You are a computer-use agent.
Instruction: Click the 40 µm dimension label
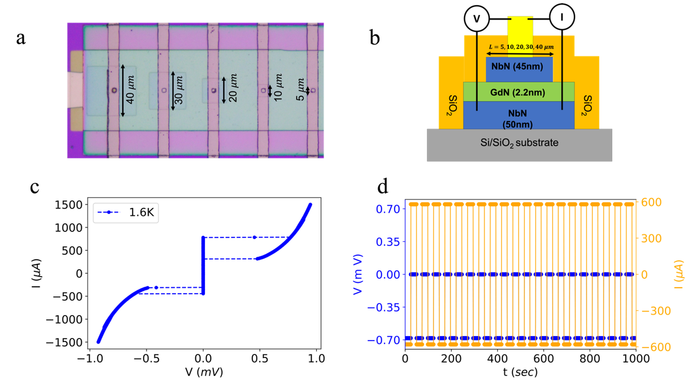130,90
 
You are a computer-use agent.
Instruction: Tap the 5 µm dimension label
300,90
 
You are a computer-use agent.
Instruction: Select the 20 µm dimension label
233,88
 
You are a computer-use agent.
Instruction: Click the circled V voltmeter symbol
477,18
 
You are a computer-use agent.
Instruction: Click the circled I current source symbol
562,17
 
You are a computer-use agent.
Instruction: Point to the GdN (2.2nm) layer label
518,92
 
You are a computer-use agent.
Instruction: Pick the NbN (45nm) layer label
517,66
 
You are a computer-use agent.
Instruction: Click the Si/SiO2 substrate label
519,143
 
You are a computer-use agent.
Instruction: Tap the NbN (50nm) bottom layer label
518,119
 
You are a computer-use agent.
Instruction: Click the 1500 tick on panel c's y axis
69,205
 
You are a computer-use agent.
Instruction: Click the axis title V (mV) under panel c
204,372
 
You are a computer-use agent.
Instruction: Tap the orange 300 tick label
651,239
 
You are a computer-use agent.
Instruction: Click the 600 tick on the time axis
543,359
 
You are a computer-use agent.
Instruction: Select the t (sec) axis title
520,372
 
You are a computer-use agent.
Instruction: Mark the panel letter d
383,187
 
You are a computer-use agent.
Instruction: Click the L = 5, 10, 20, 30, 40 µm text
521,47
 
